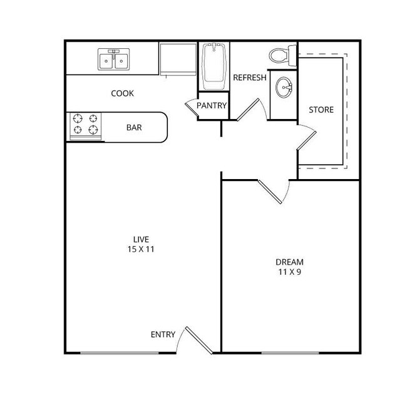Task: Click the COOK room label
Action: [x=122, y=93]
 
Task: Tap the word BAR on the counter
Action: [x=134, y=128]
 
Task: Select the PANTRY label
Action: [x=212, y=106]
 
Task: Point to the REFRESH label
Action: [x=250, y=78]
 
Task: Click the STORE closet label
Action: [x=321, y=110]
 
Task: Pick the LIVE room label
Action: [x=141, y=239]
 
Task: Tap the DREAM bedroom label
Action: [x=290, y=261]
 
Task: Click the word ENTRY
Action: [x=163, y=334]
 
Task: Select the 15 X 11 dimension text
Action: [x=141, y=249]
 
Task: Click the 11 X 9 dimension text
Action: [x=290, y=272]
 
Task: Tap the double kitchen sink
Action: [x=114, y=59]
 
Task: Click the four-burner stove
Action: [x=86, y=124]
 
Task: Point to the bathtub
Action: [x=214, y=66]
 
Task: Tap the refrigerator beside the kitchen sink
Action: [x=178, y=58]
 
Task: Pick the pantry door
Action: [x=191, y=107]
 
